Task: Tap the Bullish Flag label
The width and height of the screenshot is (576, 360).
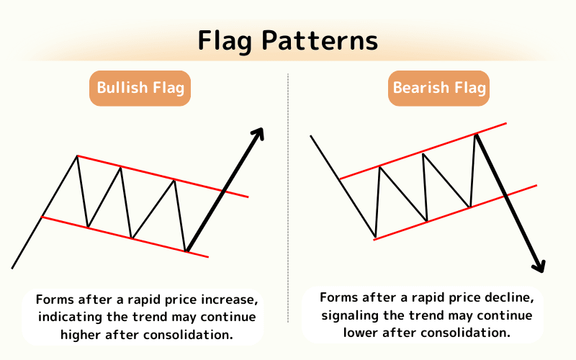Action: coord(140,89)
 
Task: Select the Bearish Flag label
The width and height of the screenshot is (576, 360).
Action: coord(439,89)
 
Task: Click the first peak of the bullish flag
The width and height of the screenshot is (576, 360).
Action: coord(77,156)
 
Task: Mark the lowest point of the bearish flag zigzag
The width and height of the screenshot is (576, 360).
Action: coord(375,236)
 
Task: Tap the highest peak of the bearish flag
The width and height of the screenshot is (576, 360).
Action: coord(476,135)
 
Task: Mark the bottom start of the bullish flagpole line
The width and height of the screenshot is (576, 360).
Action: coord(13,268)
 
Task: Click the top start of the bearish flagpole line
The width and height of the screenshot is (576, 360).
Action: coord(310,135)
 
